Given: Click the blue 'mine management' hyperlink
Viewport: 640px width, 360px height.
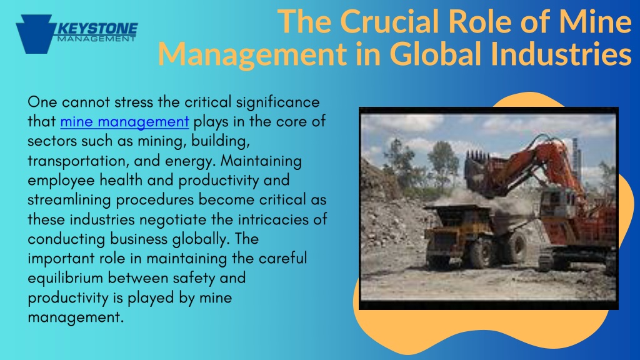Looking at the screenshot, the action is point(124,122).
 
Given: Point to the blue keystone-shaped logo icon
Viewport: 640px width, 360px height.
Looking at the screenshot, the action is point(35,34).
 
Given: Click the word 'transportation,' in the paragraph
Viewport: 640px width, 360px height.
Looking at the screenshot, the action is point(78,161).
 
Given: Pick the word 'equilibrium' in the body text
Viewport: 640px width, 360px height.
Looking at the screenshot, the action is point(65,278).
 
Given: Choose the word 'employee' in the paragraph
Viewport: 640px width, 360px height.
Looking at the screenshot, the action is point(61,181).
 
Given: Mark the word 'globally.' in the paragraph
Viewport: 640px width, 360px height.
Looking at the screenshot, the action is point(201,239).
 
